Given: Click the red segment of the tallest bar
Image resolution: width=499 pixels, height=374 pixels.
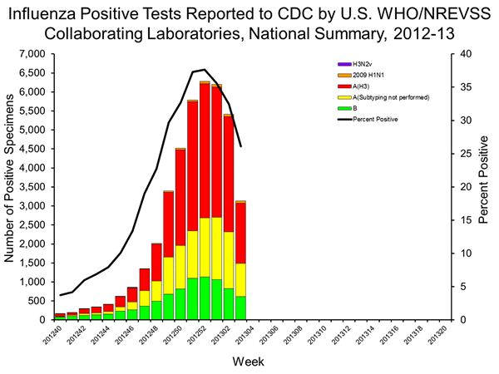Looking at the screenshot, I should pos(204,150).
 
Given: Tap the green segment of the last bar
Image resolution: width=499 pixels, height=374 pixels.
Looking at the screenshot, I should pos(241,308).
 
